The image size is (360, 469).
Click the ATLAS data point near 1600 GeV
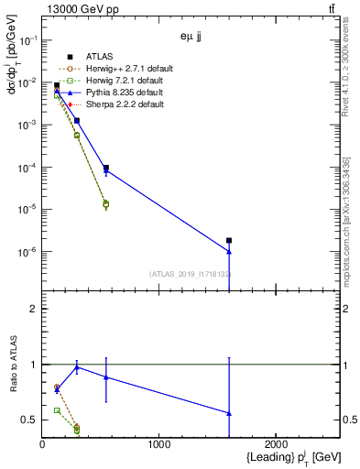point(229,241)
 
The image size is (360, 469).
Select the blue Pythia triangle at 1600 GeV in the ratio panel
point(229,413)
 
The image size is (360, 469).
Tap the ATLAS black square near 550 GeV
point(106,169)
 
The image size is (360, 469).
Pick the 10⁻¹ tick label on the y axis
point(27,40)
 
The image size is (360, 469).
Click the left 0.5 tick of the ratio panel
point(30,420)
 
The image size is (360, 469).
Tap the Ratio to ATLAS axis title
point(12,365)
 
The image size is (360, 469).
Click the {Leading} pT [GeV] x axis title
point(283,457)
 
